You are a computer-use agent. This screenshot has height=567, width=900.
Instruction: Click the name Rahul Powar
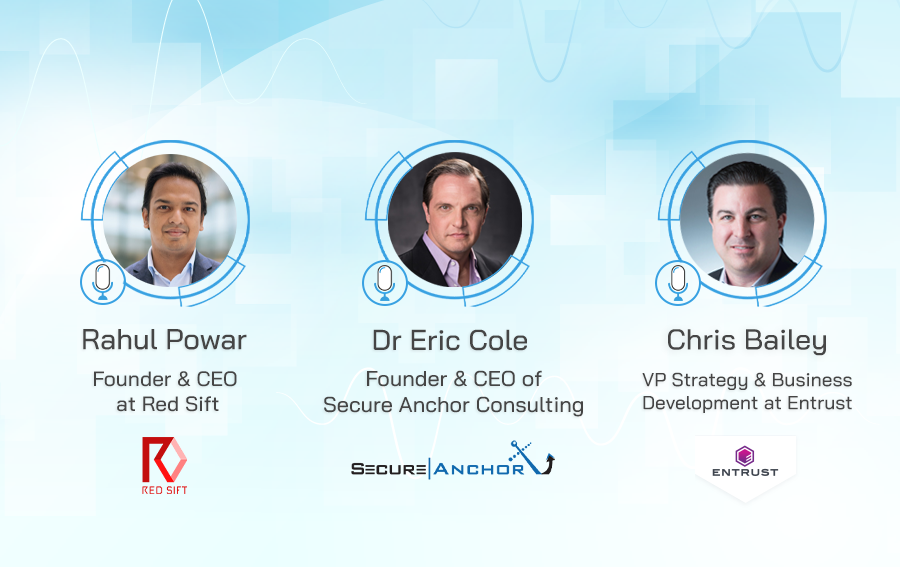tap(164, 340)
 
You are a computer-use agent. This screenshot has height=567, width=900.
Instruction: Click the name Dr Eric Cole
tap(450, 340)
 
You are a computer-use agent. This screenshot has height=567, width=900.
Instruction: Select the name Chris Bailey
tap(747, 341)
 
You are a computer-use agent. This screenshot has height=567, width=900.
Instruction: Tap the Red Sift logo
tap(165, 465)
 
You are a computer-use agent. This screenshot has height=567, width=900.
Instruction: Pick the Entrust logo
tap(745, 462)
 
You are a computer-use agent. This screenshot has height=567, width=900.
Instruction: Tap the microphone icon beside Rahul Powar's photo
tap(103, 282)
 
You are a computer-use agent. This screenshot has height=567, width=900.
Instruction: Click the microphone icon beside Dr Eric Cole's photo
tap(385, 282)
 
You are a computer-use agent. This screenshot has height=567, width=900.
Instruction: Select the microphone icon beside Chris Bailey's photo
tap(678, 282)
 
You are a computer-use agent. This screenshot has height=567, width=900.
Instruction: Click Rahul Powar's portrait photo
tap(170, 220)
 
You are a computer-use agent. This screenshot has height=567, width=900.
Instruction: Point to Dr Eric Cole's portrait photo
tap(455, 220)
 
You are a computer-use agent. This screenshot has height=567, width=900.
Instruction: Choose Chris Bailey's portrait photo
tap(747, 220)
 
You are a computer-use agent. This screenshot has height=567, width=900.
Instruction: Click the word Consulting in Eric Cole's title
tap(530, 405)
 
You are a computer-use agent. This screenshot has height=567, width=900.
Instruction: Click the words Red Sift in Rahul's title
tap(180, 404)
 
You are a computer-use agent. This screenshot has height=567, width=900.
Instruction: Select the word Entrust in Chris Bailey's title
tap(820, 403)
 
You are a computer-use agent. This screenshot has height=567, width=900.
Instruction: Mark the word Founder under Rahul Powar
tap(132, 379)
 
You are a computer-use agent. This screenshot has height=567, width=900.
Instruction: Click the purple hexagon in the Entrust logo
tap(745, 456)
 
